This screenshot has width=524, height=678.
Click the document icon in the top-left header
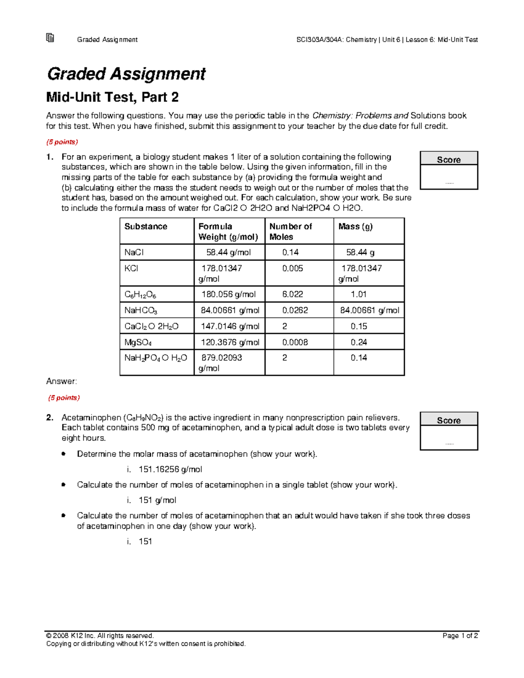pyautogui.click(x=50, y=38)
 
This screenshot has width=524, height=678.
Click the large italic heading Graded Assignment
pyautogui.click(x=126, y=74)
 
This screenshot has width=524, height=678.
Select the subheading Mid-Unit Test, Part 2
pyautogui.click(x=112, y=97)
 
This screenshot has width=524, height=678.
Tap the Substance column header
pyautogui.click(x=146, y=227)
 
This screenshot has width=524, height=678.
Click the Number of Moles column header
pyautogui.click(x=290, y=231)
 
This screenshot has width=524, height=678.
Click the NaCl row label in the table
pyautogui.click(x=134, y=252)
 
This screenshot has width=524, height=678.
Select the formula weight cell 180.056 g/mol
pyautogui.click(x=228, y=294)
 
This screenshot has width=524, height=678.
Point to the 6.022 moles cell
pyautogui.click(x=293, y=294)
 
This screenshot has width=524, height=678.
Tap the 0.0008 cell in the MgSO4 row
pyautogui.click(x=295, y=342)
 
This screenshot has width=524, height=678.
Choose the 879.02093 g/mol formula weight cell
pyautogui.click(x=221, y=362)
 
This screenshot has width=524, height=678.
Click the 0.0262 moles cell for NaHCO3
pyautogui.click(x=295, y=310)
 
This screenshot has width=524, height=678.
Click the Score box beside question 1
pyautogui.click(x=449, y=170)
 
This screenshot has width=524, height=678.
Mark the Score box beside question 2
pyautogui.click(x=449, y=431)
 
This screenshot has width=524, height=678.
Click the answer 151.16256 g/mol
pyautogui.click(x=170, y=469)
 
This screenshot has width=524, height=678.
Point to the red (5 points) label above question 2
pyautogui.click(x=64, y=398)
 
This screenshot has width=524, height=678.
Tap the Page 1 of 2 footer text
pyautogui.click(x=460, y=636)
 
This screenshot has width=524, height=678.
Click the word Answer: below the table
pyautogui.click(x=62, y=381)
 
